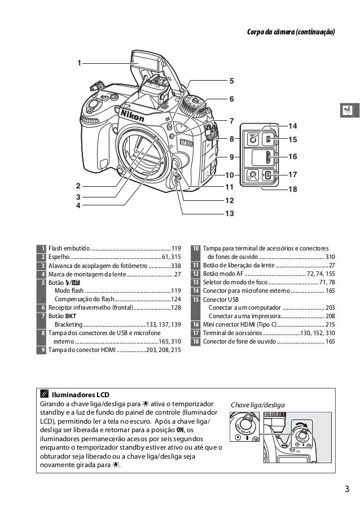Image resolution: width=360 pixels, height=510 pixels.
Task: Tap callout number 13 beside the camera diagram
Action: (x=229, y=214)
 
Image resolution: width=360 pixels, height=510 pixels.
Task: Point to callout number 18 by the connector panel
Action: (x=292, y=190)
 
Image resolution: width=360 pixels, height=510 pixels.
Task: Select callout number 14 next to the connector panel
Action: (x=292, y=124)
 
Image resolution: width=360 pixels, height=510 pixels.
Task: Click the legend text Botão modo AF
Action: (x=223, y=274)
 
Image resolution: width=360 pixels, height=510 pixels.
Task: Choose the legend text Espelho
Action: (x=58, y=257)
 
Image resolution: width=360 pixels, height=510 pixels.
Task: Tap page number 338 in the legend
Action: (x=175, y=265)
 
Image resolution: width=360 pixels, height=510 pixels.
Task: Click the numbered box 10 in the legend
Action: (x=195, y=248)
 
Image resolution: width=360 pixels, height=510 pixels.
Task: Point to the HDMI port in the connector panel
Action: (x=269, y=156)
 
